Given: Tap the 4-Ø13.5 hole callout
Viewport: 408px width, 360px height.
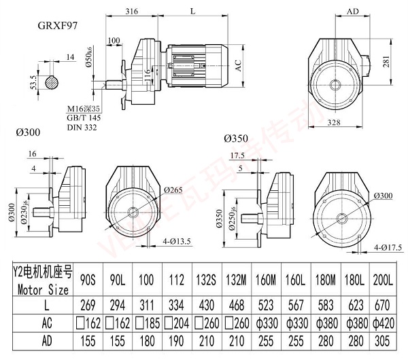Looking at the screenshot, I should [178, 240].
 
